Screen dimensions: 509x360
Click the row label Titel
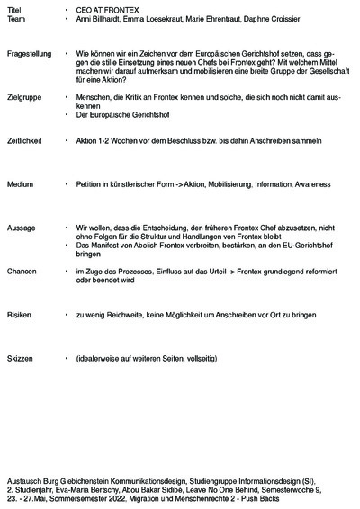tap(13, 8)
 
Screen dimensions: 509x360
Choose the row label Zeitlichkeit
tap(26, 141)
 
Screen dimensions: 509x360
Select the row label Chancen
tap(22, 271)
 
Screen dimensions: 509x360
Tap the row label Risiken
tap(20, 316)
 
